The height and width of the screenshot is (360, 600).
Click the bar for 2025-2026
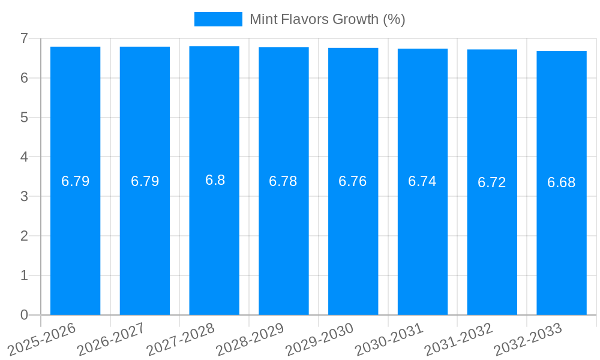pyautogui.click(x=75, y=240)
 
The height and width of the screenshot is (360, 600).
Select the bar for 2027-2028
pyautogui.click(x=214, y=240)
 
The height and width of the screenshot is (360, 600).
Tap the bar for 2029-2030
pyautogui.click(x=353, y=240)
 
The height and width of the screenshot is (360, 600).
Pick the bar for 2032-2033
pyautogui.click(x=562, y=240)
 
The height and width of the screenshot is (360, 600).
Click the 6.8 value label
pyautogui.click(x=215, y=180)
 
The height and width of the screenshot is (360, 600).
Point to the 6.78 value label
pyautogui.click(x=283, y=181)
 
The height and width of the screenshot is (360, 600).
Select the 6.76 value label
pyautogui.click(x=353, y=181)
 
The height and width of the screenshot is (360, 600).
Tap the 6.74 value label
pyautogui.click(x=422, y=181)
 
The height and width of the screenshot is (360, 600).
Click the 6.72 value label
pyautogui.click(x=492, y=182)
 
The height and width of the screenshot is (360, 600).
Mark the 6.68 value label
pyautogui.click(x=562, y=182)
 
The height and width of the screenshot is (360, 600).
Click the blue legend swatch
pyautogui.click(x=218, y=19)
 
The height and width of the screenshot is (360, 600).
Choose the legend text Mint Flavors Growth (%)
pyautogui.click(x=328, y=19)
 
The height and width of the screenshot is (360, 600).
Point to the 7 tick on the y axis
pyautogui.click(x=24, y=38)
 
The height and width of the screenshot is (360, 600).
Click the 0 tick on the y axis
pyautogui.click(x=24, y=315)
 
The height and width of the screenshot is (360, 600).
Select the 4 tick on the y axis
pyautogui.click(x=24, y=157)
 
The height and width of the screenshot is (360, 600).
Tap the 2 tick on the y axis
pyautogui.click(x=24, y=236)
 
